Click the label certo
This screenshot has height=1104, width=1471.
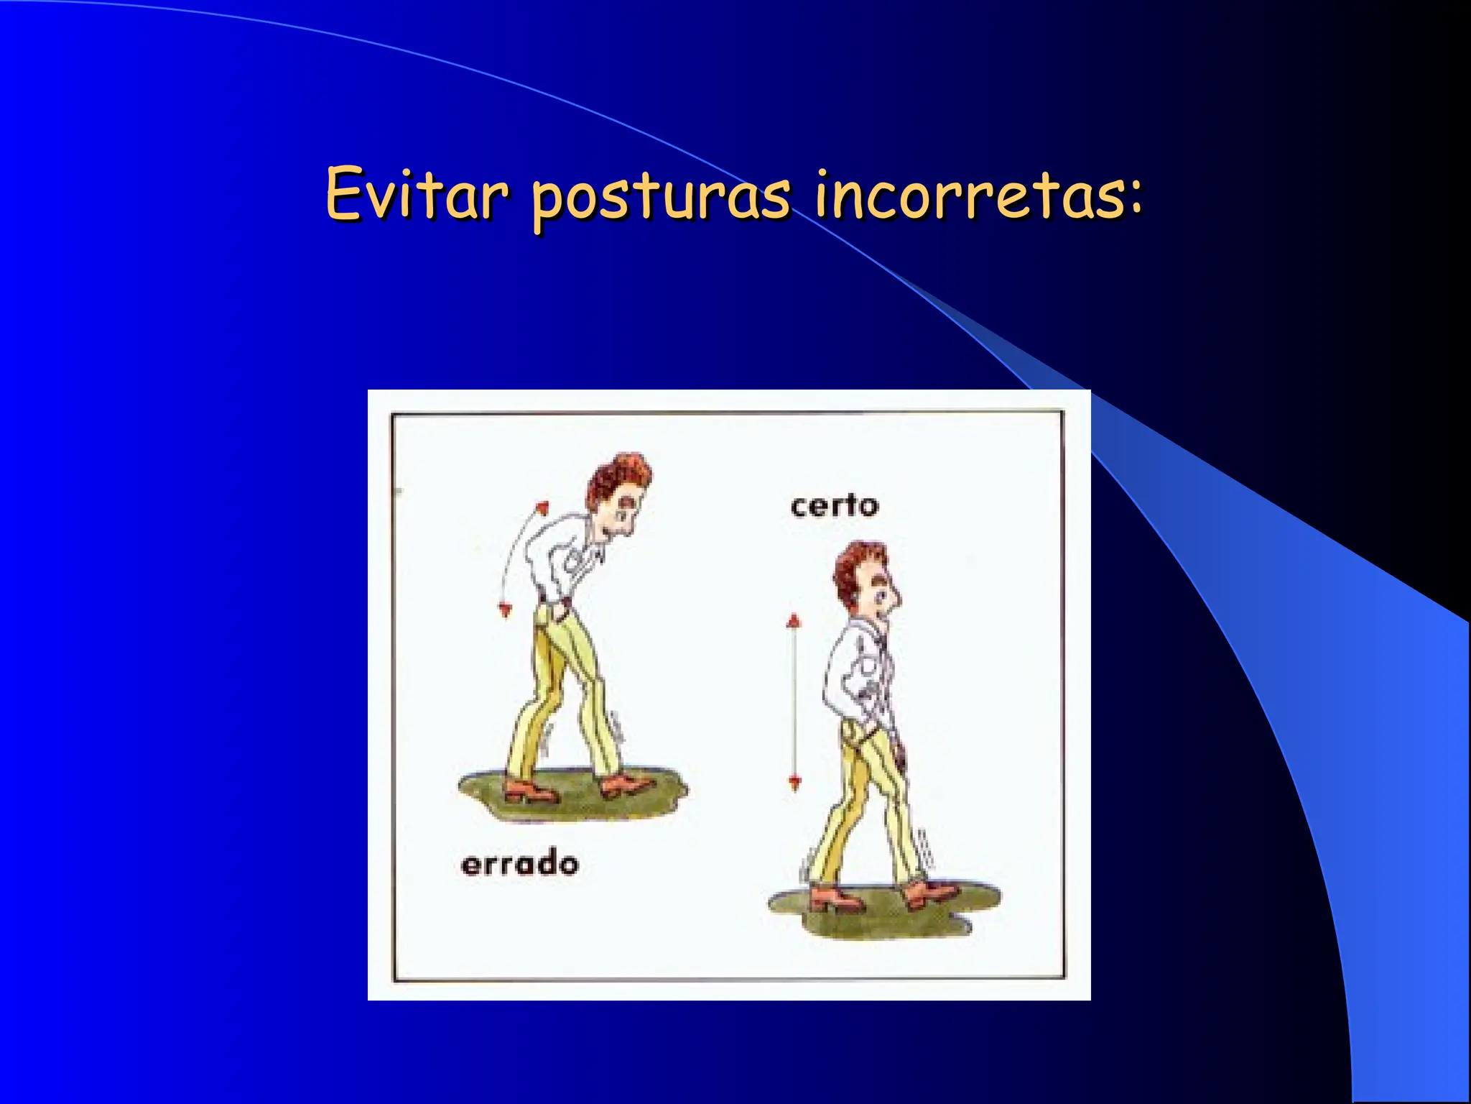[x=835, y=506]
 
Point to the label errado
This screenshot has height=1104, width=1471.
[x=519, y=863]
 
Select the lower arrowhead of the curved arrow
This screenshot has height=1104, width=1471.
[x=505, y=610]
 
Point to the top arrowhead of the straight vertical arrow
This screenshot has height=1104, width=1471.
[x=793, y=620]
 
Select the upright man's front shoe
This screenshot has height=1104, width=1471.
[x=929, y=893]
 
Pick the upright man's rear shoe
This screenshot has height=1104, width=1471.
[x=835, y=898]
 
